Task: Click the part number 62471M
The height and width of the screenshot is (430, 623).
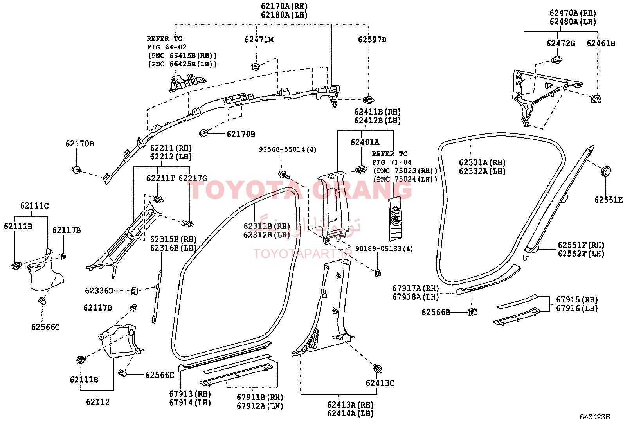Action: click(259, 40)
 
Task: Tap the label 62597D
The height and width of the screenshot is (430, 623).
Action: click(372, 40)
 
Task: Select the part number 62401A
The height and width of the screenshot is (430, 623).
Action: click(365, 142)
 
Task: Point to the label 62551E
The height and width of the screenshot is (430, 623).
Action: click(608, 200)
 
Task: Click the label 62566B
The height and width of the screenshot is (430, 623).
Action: click(436, 312)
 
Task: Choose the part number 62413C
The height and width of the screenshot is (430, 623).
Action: click(380, 383)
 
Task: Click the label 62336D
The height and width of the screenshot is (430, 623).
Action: click(99, 291)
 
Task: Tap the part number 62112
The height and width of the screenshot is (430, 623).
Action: click(97, 402)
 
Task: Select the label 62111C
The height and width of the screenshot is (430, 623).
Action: click(34, 205)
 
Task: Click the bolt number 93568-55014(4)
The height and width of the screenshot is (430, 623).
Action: click(288, 149)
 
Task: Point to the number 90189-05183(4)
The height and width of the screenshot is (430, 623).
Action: click(384, 249)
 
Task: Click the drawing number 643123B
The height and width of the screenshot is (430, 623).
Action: click(595, 417)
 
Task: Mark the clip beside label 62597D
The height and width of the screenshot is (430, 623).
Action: click(369, 99)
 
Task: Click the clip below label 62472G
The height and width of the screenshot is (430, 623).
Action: click(557, 60)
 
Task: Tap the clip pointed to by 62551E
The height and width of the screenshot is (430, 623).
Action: click(606, 171)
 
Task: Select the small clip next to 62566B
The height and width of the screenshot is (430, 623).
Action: click(473, 312)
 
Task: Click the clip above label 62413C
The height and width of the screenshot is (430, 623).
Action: click(377, 368)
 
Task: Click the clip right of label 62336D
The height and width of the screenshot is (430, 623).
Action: click(134, 291)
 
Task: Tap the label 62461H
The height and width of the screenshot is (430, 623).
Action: click(601, 43)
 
